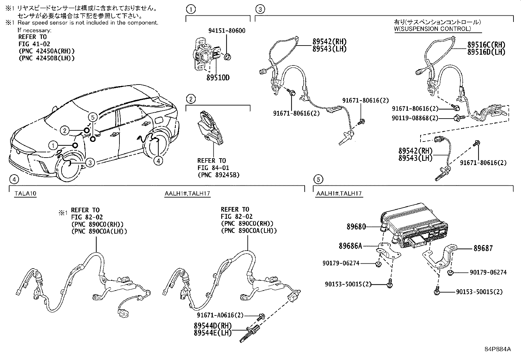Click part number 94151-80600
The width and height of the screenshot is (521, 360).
(x=227, y=31)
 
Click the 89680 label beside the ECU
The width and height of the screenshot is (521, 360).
(x=356, y=227)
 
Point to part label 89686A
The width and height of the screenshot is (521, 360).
(x=350, y=246)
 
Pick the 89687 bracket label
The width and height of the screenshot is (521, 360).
(x=483, y=248)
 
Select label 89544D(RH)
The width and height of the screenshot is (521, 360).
(x=212, y=326)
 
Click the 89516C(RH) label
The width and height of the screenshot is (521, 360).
(x=486, y=45)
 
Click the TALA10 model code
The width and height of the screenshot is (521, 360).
(x=25, y=194)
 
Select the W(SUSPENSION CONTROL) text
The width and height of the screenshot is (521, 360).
(x=432, y=29)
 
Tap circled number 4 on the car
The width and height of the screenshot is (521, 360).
(x=158, y=161)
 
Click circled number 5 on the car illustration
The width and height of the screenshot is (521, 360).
(x=93, y=117)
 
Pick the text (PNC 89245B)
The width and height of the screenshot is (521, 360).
(x=218, y=175)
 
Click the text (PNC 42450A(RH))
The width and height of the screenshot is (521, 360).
(x=46, y=51)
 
